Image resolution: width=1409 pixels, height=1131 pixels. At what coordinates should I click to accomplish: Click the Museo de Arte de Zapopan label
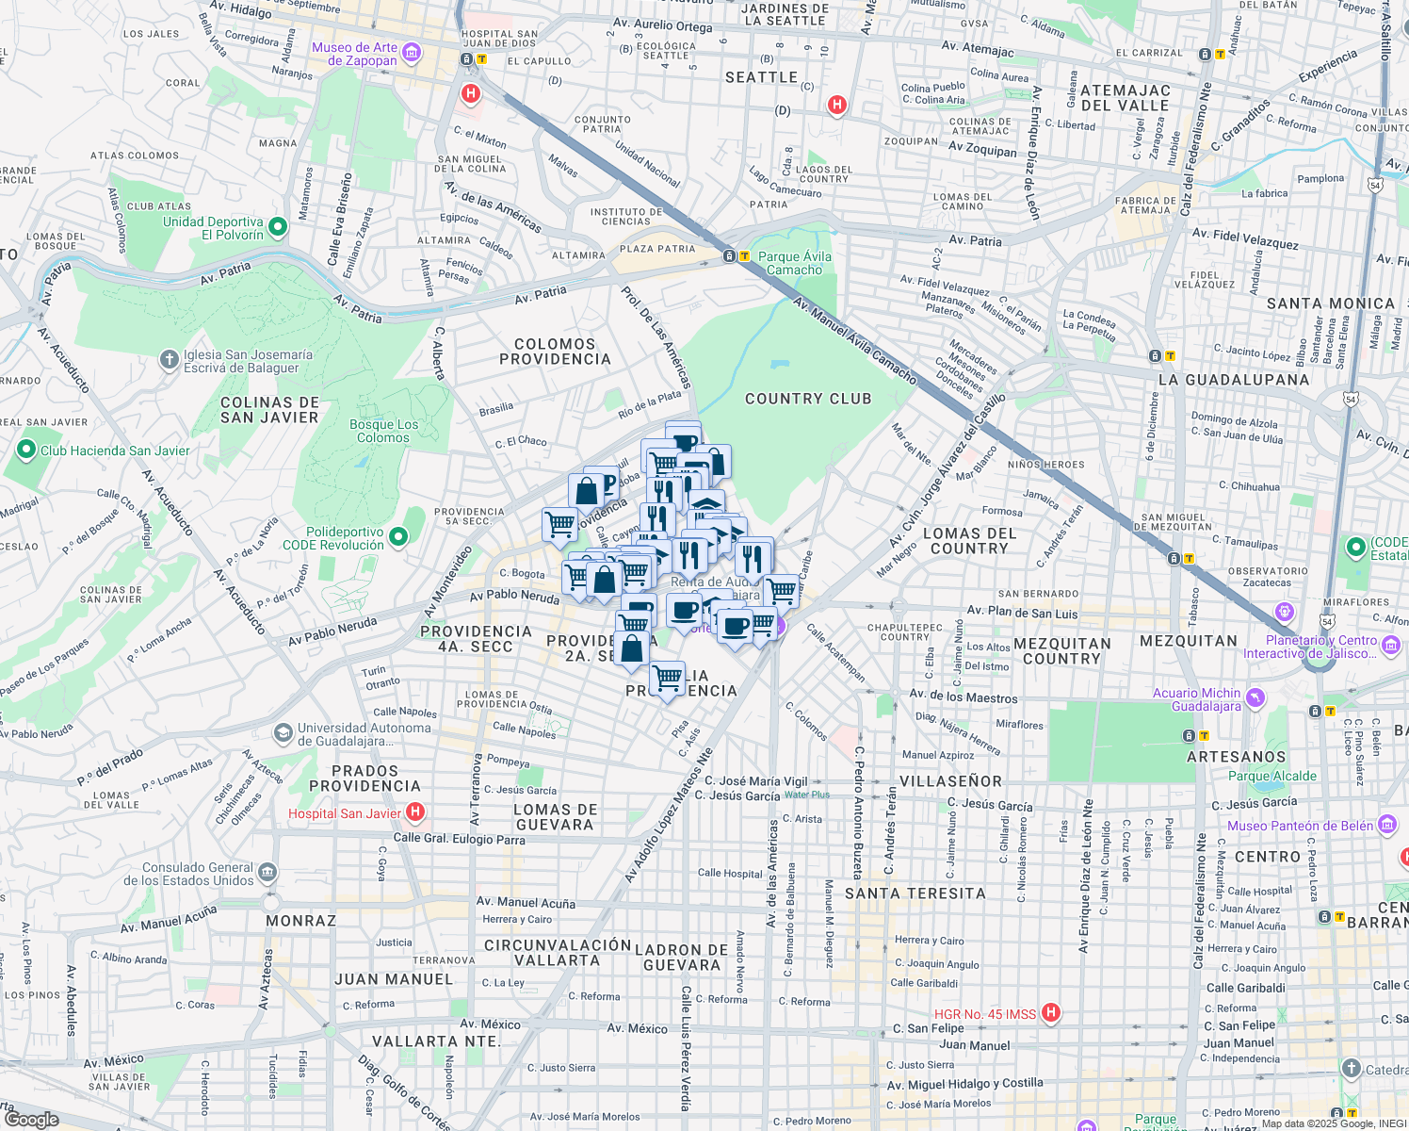[355, 54]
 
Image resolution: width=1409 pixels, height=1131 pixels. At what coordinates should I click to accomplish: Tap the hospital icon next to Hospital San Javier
[415, 812]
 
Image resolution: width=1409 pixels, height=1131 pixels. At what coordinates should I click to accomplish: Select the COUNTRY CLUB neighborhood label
[808, 399]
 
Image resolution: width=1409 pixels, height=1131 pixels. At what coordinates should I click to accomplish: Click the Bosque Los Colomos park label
[383, 431]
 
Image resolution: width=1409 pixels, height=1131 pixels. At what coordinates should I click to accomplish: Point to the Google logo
[31, 1119]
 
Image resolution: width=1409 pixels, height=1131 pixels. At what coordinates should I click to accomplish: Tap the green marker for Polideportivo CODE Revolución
[398, 537]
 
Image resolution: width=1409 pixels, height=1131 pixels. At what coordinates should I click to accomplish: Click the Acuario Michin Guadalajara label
[1196, 699]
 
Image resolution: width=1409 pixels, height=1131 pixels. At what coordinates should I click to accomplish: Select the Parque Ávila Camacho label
[794, 263]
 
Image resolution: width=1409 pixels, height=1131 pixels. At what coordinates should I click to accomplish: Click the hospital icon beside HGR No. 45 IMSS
[1051, 1013]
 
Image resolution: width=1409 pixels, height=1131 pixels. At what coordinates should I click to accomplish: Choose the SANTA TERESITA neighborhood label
[915, 893]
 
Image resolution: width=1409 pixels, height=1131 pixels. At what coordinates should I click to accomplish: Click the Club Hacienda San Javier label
[115, 451]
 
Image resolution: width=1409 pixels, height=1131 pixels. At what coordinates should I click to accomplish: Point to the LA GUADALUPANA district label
[1233, 380]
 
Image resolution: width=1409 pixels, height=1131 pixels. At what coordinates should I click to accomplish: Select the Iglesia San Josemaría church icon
[169, 359]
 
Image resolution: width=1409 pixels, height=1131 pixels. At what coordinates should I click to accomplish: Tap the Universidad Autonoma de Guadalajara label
[364, 734]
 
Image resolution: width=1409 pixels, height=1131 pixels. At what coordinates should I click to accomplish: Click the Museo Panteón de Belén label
[1300, 826]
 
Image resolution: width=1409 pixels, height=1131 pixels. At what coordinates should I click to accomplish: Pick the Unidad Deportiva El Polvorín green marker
[278, 227]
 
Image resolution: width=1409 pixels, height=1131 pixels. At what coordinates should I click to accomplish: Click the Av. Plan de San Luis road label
[1022, 614]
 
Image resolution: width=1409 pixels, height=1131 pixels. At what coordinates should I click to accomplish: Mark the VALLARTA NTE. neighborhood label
[436, 1041]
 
